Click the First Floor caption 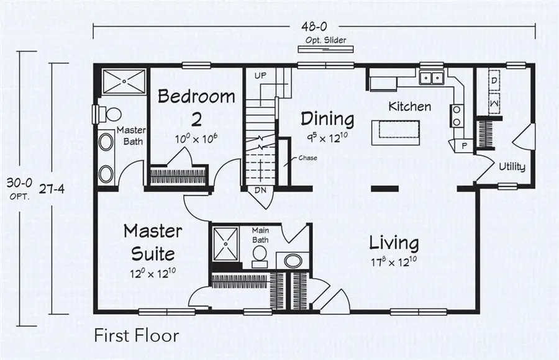coord(137,336)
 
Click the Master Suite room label coord(152,242)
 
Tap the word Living coord(394,243)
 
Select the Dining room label coord(327,118)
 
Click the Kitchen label coord(409,106)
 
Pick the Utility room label coord(512,166)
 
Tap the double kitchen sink coord(432,78)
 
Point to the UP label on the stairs coord(260,75)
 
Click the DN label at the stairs coord(260,191)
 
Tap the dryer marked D coord(494,81)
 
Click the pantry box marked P coord(464,145)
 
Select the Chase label coord(307,157)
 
